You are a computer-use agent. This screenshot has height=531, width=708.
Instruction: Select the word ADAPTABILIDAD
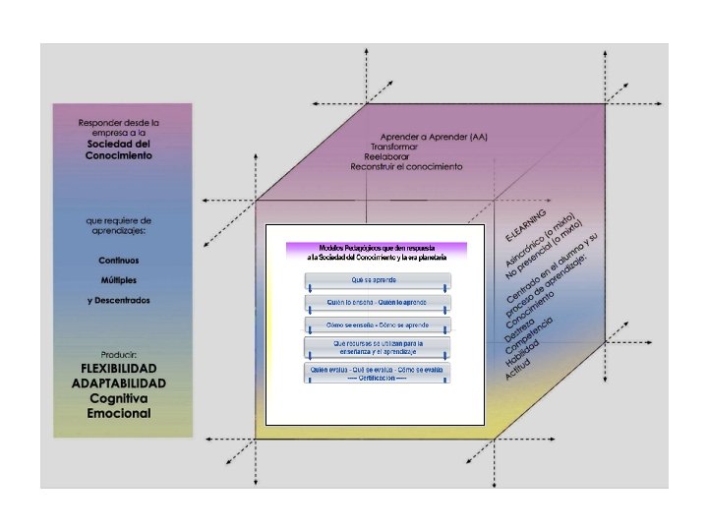click(118, 383)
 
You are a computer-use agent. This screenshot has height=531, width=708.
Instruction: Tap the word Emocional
click(119, 413)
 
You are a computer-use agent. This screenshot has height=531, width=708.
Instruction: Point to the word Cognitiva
click(118, 398)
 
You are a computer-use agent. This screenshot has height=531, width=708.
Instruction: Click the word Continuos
click(118, 261)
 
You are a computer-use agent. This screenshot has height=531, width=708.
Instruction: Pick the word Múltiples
click(118, 280)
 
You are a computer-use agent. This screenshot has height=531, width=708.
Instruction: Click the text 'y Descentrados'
click(118, 300)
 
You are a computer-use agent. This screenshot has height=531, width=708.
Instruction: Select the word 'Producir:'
click(118, 353)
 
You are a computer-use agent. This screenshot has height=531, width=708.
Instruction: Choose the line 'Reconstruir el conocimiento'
click(406, 167)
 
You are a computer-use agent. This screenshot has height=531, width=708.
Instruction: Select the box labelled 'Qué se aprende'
click(378, 280)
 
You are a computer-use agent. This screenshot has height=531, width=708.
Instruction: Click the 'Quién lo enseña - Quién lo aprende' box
click(378, 302)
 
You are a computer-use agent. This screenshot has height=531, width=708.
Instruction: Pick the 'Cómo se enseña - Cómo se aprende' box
click(378, 324)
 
